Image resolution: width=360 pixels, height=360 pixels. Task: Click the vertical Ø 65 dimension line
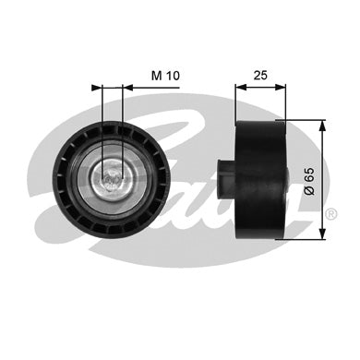pos(320,198)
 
